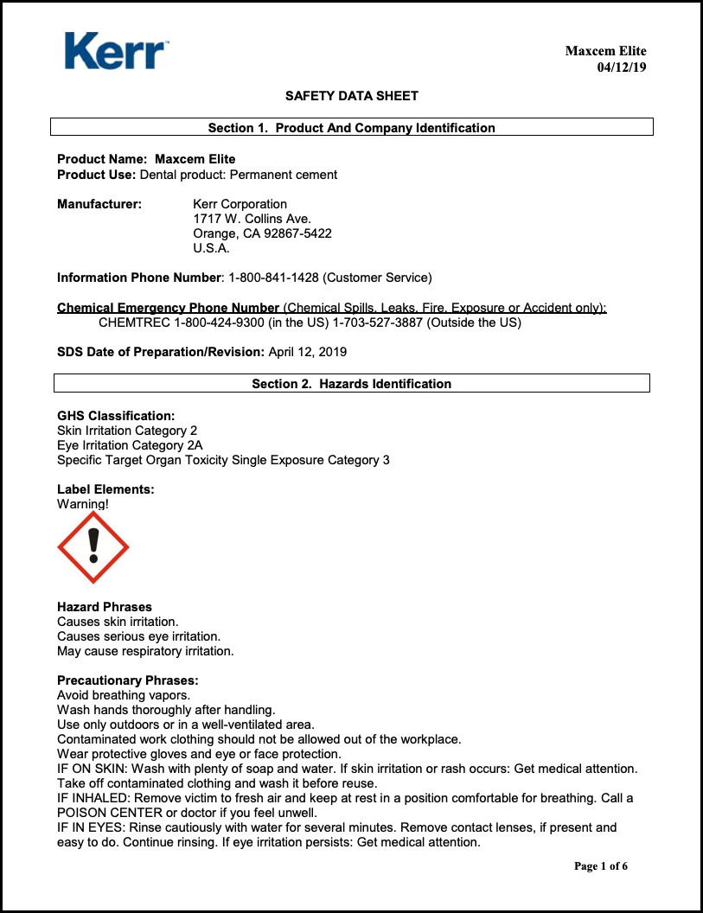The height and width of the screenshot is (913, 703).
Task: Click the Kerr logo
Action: (x=116, y=51)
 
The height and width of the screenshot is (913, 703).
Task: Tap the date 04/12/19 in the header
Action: (x=622, y=67)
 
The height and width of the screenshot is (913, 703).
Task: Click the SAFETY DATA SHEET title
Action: (x=352, y=96)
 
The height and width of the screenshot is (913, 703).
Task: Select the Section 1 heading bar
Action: (x=352, y=128)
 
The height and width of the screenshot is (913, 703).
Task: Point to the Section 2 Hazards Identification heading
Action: (x=352, y=384)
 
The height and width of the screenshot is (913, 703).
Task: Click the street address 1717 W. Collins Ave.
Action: (x=252, y=219)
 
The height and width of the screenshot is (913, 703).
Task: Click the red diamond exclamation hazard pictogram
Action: (x=93, y=547)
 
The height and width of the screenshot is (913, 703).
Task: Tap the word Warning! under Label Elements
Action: (x=83, y=504)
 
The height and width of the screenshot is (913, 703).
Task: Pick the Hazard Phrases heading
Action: (x=105, y=607)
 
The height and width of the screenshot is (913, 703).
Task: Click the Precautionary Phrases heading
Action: (x=128, y=680)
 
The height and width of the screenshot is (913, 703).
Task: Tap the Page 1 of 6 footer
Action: (x=601, y=866)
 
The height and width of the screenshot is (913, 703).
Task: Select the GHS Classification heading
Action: (x=116, y=416)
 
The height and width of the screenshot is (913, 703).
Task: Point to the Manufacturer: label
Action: (x=99, y=204)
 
